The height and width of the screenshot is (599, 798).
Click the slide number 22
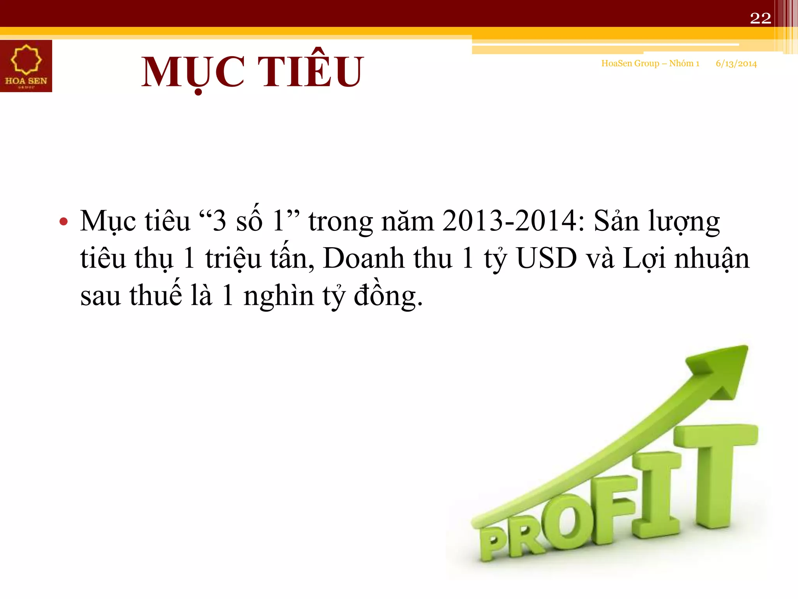coord(760,18)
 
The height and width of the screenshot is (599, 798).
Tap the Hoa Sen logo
coord(26,66)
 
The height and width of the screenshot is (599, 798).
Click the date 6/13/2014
coord(736,64)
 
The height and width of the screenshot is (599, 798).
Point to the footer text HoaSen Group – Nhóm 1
coord(650,64)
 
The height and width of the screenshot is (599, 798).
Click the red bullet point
coord(64,222)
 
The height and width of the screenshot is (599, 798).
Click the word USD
coord(546,259)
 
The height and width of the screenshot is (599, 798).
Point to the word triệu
coord(233,259)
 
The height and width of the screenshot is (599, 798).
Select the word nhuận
coord(711,259)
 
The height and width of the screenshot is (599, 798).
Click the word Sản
coord(616,221)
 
